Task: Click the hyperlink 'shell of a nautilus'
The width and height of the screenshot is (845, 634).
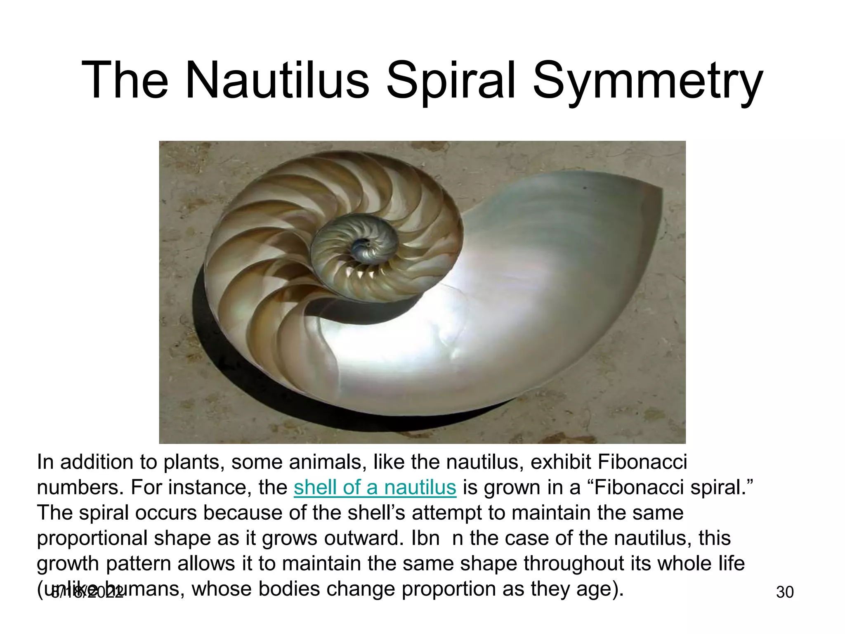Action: [x=375, y=487]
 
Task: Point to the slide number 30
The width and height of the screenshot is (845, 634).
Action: [x=785, y=592]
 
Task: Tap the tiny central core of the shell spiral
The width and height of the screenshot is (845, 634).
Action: [x=362, y=246]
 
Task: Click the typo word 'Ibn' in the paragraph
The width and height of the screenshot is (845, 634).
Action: [x=425, y=538]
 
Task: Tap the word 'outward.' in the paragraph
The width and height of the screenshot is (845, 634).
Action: [x=364, y=538]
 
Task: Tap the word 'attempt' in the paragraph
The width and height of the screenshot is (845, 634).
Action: [x=447, y=513]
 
